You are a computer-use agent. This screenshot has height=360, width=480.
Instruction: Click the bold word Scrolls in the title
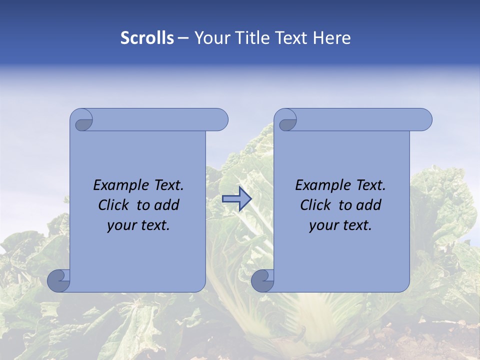point(147,38)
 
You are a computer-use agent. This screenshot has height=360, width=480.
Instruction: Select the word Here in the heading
point(332,38)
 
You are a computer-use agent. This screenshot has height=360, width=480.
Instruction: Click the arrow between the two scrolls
point(236,199)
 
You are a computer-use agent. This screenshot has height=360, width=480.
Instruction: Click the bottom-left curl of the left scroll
point(59,280)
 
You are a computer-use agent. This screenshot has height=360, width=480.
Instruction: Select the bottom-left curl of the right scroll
point(262,280)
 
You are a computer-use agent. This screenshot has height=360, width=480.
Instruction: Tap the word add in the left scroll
point(167,205)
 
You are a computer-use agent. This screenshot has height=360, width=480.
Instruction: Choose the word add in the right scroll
point(369,205)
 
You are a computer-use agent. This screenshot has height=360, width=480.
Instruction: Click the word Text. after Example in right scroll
point(369,185)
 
